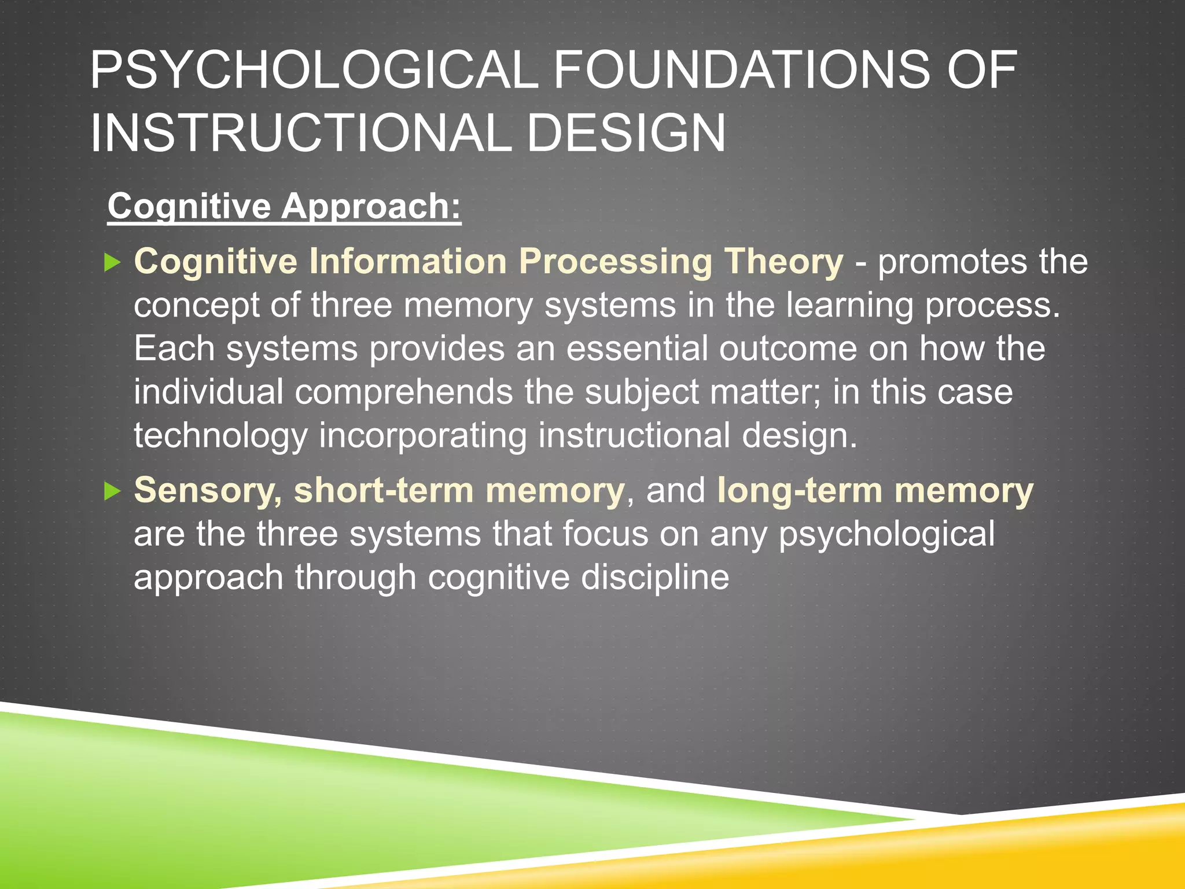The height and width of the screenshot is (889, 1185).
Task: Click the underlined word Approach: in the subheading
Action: pyautogui.click(x=371, y=207)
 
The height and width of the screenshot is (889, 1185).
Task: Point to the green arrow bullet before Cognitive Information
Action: pyautogui.click(x=112, y=263)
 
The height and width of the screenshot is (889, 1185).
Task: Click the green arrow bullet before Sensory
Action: pyautogui.click(x=112, y=491)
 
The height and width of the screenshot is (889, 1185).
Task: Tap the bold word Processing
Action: pyautogui.click(x=616, y=262)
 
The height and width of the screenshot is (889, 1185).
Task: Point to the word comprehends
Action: pyautogui.click(x=403, y=392)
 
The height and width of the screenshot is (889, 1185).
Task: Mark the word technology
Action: pyautogui.click(x=220, y=436)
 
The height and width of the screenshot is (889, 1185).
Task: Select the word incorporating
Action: pyautogui.click(x=423, y=436)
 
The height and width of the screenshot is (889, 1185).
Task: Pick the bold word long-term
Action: pyautogui.click(x=799, y=491)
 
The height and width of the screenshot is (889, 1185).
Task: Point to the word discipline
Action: pyautogui.click(x=655, y=577)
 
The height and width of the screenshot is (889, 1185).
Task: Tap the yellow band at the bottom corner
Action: pyautogui.click(x=1070, y=851)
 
